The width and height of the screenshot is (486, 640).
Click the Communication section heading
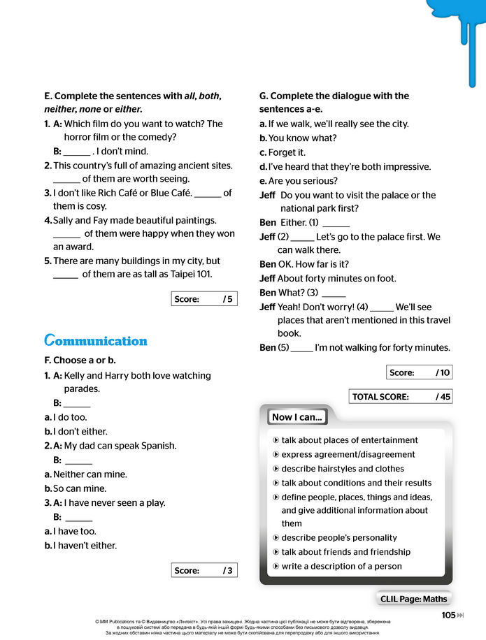(96, 341)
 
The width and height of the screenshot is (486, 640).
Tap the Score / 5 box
(203, 299)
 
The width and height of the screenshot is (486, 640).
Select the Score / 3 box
(203, 570)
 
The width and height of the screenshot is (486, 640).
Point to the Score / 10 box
(419, 372)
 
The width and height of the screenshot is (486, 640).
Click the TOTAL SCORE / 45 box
(401, 396)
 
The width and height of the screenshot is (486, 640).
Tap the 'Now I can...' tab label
(297, 417)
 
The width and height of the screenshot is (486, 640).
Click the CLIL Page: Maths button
(413, 599)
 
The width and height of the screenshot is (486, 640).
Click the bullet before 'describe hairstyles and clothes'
(276, 469)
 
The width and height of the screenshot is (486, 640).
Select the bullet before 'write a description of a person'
(276, 566)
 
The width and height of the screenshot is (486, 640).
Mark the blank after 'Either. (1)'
(336, 224)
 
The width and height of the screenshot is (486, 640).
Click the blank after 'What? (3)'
(334, 293)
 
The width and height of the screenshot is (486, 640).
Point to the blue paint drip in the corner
(457, 28)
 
